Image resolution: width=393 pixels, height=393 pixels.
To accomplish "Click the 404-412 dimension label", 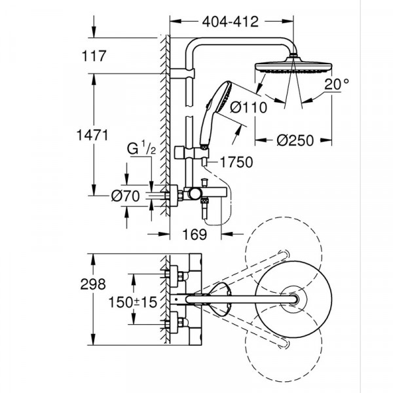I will tap(228, 22).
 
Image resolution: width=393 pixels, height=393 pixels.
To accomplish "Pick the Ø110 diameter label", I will tap(248, 107).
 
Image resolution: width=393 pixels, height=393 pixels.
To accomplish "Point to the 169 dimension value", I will tap(195, 233).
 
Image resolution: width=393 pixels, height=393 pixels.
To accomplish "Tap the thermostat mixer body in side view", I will tap(178, 195).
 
